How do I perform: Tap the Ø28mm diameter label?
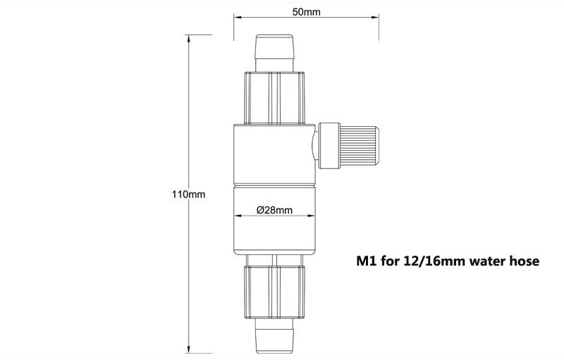pos(274,210)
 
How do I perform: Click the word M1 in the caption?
pos(364,261)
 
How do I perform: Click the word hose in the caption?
pos(524,261)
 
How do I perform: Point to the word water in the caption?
pos(486,261)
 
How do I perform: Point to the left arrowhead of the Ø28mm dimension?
pos(235,216)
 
